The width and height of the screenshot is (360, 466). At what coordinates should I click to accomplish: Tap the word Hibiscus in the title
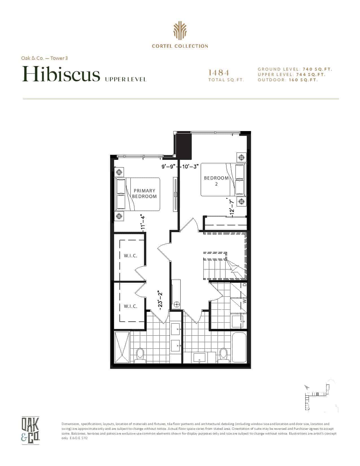(61, 74)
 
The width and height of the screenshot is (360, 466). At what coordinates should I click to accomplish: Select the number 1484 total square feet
(219, 73)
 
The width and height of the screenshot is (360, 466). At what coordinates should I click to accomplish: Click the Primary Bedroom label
(144, 193)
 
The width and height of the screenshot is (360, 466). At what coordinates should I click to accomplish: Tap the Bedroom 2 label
(216, 181)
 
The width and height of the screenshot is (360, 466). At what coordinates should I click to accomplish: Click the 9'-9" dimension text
(169, 166)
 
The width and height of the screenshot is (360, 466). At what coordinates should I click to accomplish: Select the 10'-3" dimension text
(190, 166)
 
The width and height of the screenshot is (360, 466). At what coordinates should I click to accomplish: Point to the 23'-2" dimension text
(160, 300)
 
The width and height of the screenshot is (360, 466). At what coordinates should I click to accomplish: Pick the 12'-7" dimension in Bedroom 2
(231, 206)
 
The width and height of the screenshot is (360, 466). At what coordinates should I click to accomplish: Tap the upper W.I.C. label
(130, 256)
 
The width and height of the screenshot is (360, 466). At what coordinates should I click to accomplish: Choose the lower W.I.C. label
(130, 306)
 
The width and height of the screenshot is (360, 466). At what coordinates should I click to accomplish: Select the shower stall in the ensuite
(122, 347)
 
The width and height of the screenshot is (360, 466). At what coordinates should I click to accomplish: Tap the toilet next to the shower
(140, 355)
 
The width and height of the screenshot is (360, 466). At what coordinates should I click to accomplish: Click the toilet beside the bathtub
(223, 355)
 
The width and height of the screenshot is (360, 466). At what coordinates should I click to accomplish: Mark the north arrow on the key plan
(307, 387)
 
